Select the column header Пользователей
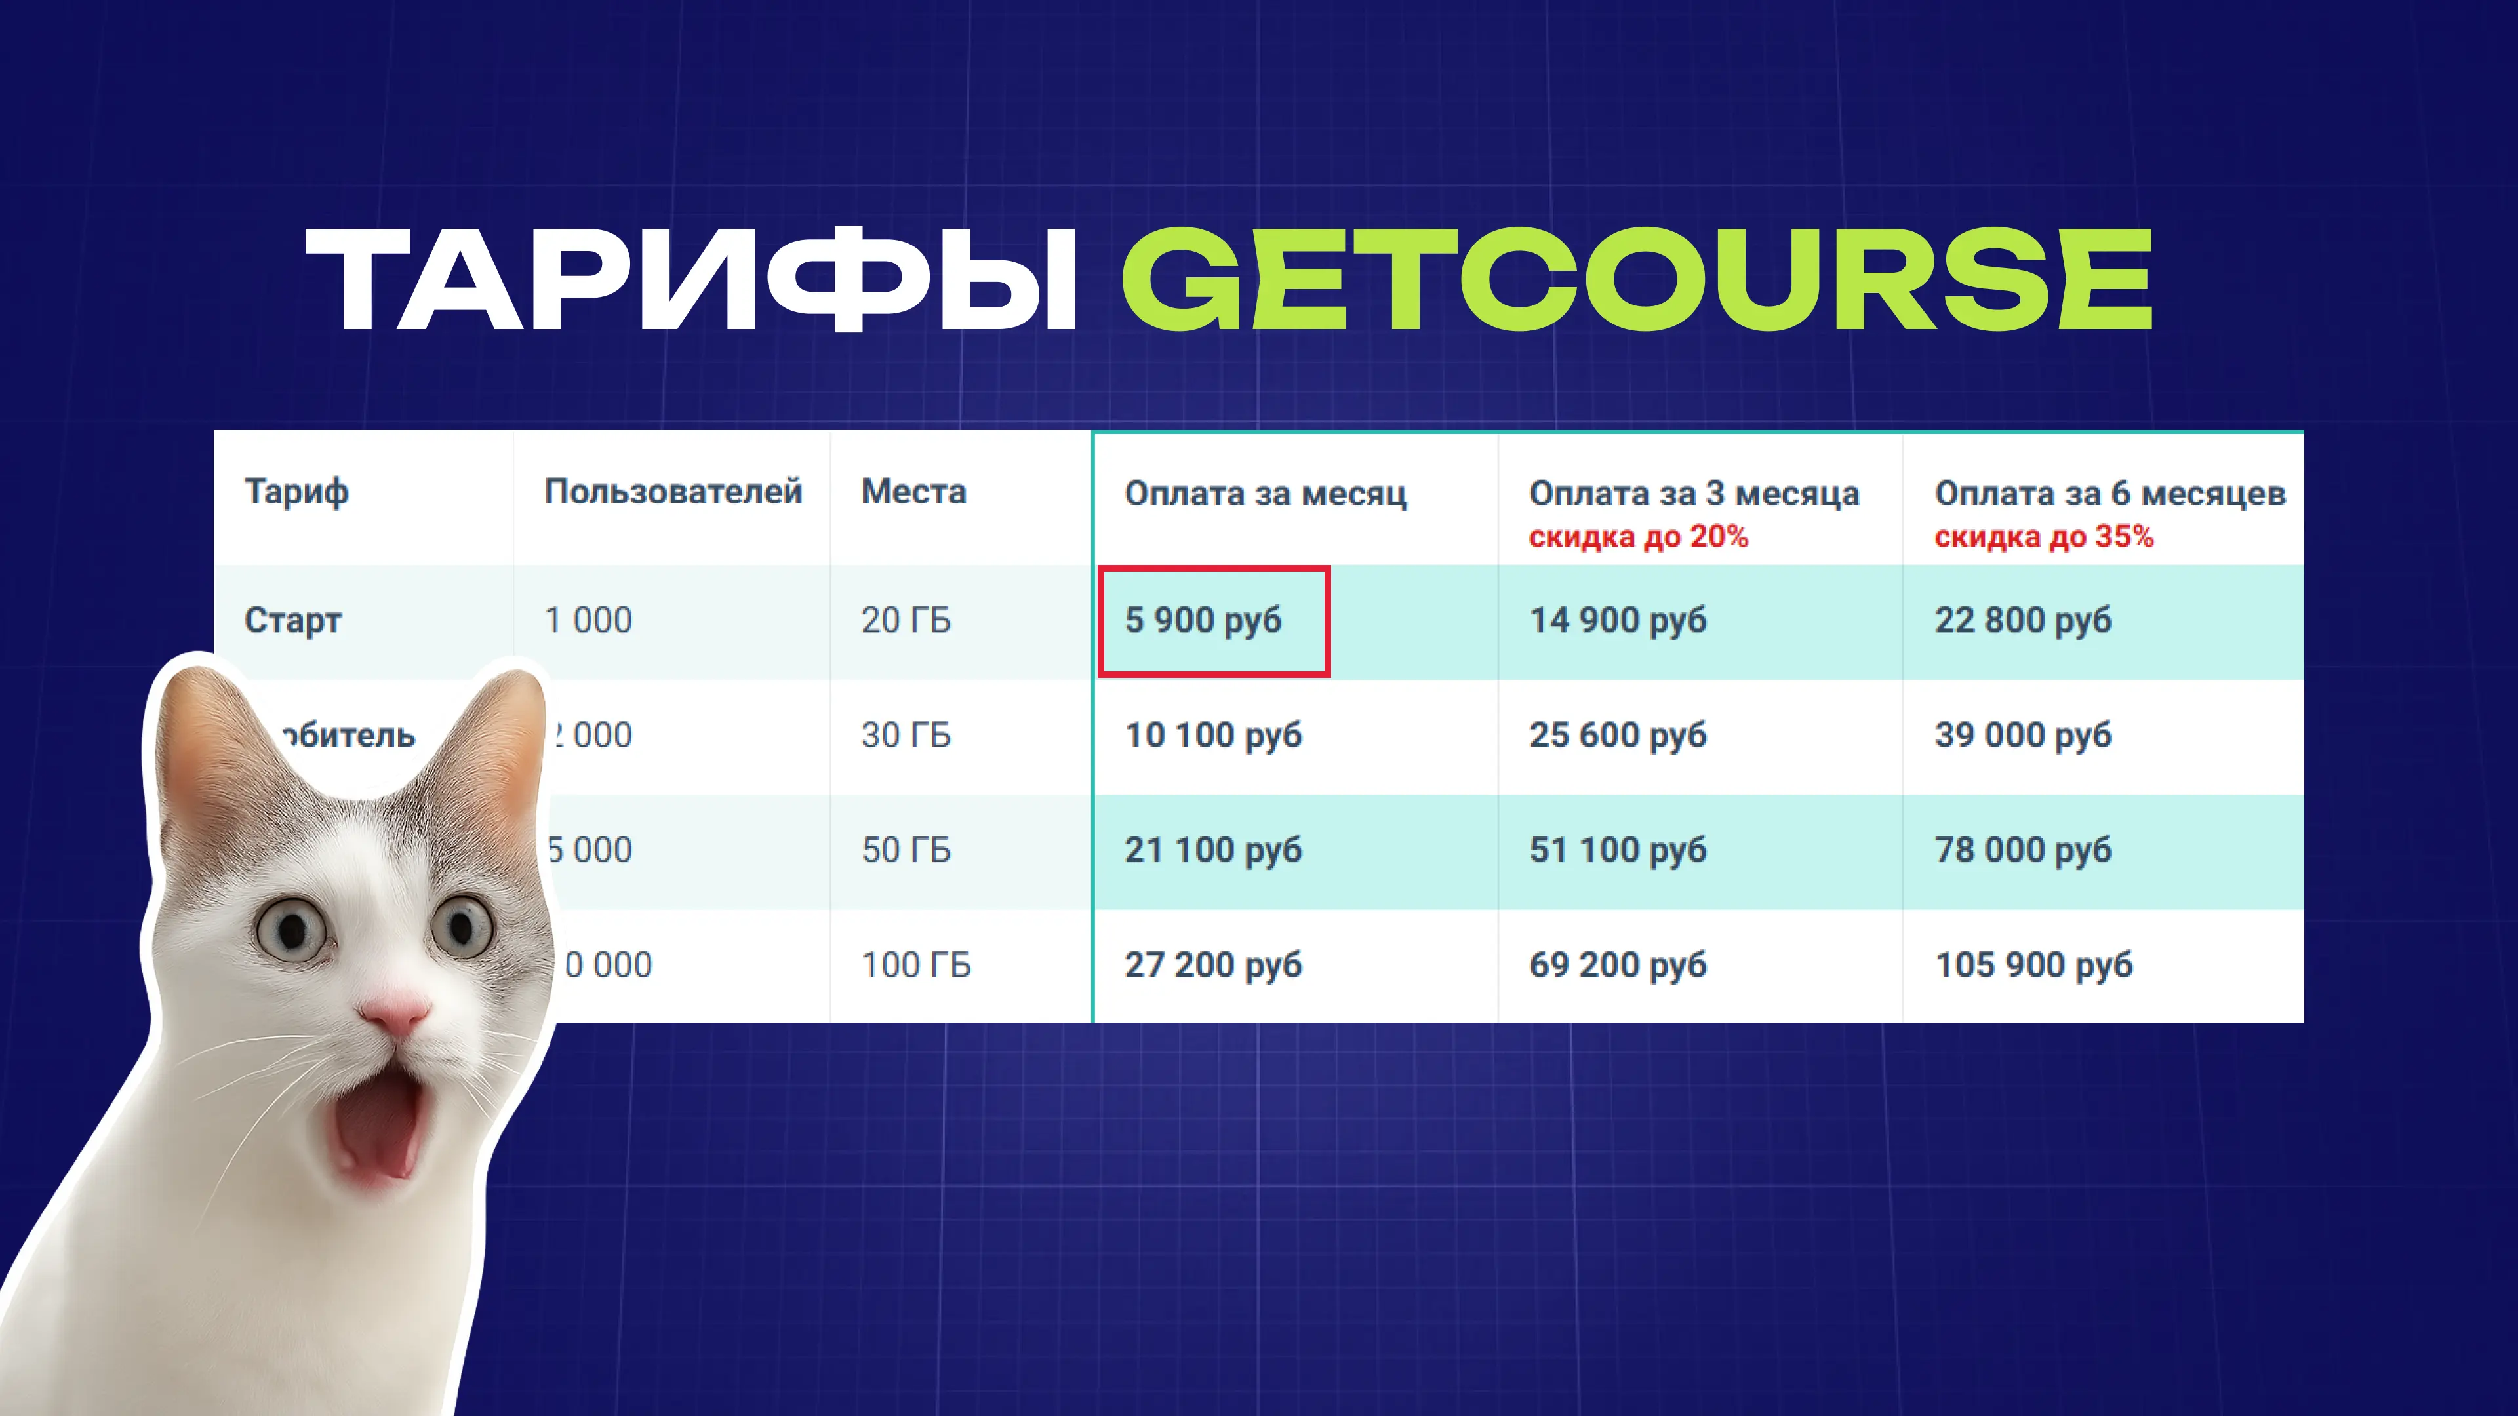tap(673, 492)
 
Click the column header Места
tap(913, 492)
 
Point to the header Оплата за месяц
tap(1265, 494)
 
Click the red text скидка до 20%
tap(1638, 536)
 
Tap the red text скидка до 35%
tap(2043, 536)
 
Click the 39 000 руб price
tap(2022, 735)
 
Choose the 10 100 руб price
tap(1213, 735)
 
